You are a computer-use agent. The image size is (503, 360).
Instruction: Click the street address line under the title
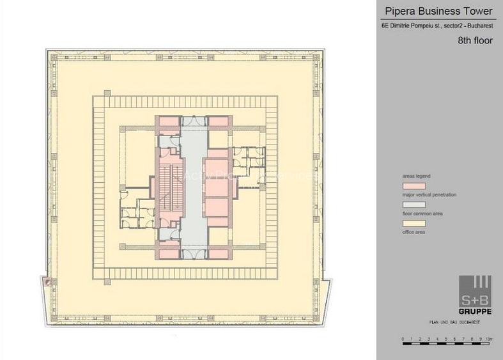pyautogui.click(x=438, y=26)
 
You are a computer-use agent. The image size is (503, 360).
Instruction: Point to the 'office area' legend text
pyautogui.click(x=414, y=232)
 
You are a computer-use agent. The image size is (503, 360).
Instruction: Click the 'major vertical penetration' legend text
pyautogui.click(x=429, y=194)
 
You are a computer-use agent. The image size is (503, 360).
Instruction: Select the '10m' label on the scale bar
pyautogui.click(x=488, y=338)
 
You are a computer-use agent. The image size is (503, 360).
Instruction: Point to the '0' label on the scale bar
pyautogui.click(x=402, y=338)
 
